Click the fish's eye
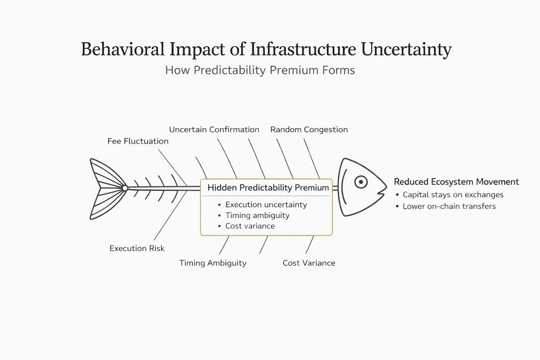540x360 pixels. pyautogui.click(x=361, y=182)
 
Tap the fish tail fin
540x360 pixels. pyautogui.click(x=106, y=189)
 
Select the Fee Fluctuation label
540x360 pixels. pyautogui.click(x=138, y=141)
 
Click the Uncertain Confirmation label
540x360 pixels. pyautogui.click(x=214, y=130)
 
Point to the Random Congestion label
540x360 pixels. pyautogui.click(x=309, y=130)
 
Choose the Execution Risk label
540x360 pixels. pyautogui.click(x=137, y=249)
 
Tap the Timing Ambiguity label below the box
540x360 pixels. pyautogui.click(x=213, y=263)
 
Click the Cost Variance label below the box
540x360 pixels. pyautogui.click(x=309, y=263)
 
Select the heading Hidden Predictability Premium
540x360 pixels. pyautogui.click(x=268, y=188)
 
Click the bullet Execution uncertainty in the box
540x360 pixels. pyautogui.click(x=266, y=205)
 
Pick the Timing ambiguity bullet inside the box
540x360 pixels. pyautogui.click(x=257, y=215)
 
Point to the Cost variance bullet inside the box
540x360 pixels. pyautogui.click(x=250, y=226)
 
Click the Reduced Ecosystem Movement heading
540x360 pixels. pyautogui.click(x=456, y=182)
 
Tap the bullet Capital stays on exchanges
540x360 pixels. pyautogui.click(x=453, y=195)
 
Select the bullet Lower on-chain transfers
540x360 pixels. pyautogui.click(x=449, y=206)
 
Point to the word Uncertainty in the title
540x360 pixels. pyautogui.click(x=406, y=49)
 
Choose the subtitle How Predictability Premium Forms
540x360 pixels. pyautogui.click(x=260, y=70)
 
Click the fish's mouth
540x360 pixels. pyautogui.click(x=380, y=193)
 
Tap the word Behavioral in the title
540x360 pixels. pyautogui.click(x=123, y=49)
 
